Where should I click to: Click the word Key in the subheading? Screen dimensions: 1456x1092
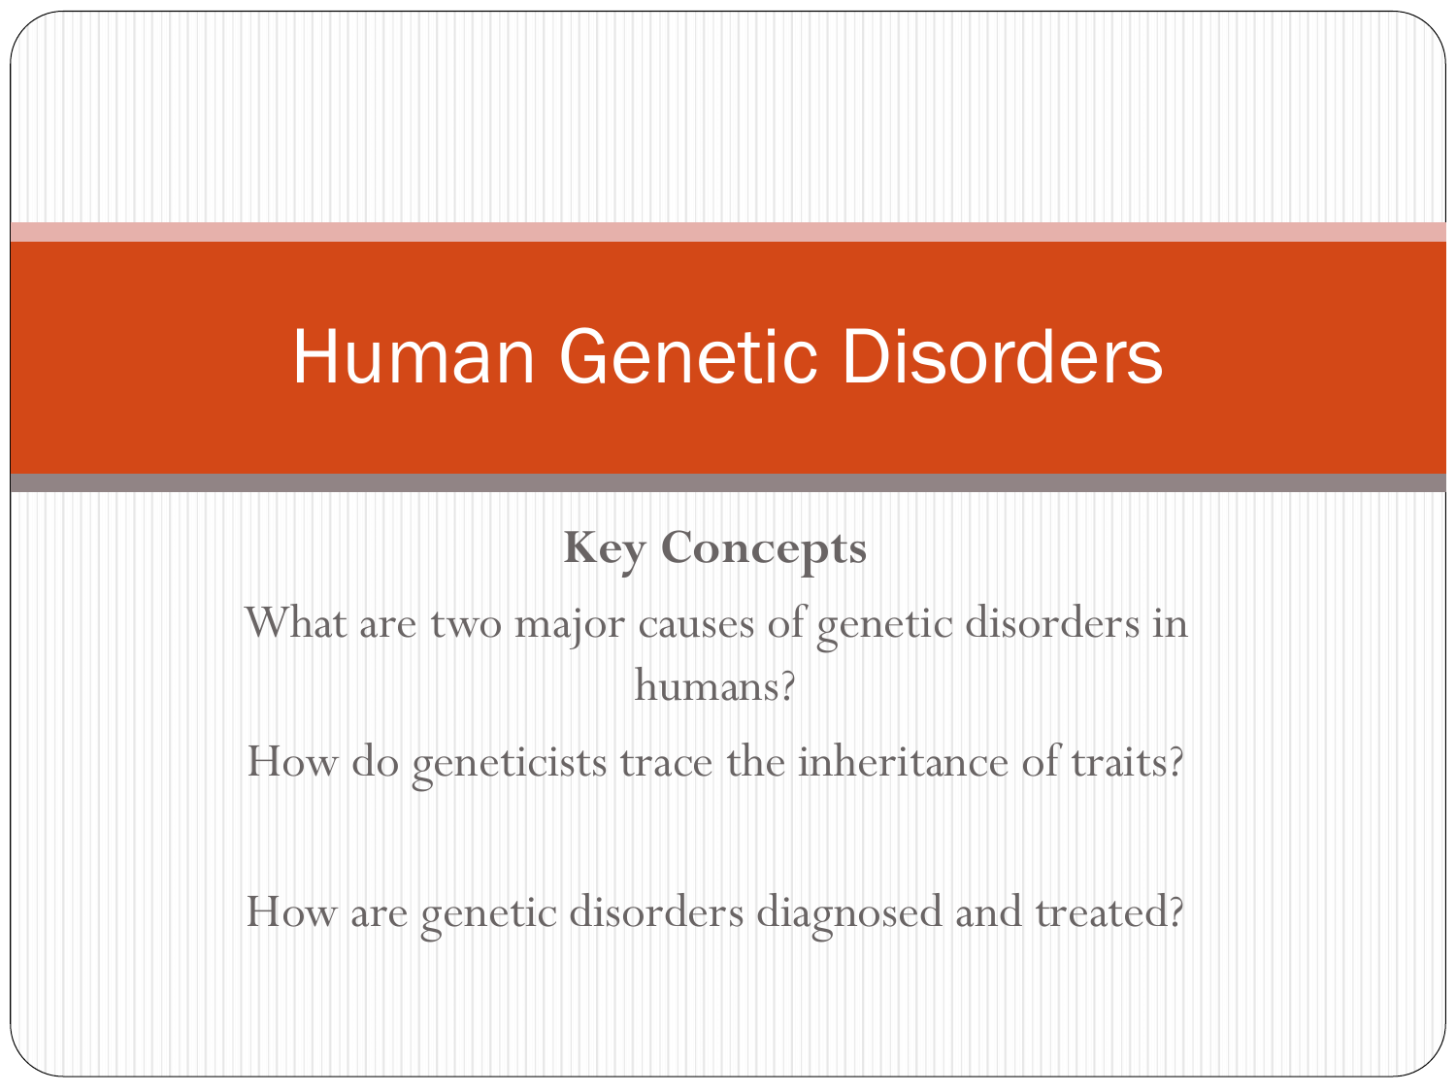click(x=604, y=550)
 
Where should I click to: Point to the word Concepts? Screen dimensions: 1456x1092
click(x=764, y=551)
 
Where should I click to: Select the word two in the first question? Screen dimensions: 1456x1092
click(x=466, y=625)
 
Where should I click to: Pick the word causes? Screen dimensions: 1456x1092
click(x=696, y=626)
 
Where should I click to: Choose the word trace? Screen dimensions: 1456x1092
click(x=666, y=764)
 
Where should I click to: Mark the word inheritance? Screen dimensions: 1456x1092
click(x=902, y=762)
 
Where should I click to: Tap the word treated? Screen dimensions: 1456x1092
click(x=1101, y=911)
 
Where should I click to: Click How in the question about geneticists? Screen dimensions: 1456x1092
click(x=292, y=762)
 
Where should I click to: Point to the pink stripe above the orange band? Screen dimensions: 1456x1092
click(x=728, y=232)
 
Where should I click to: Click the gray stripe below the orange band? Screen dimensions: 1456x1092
click(x=728, y=482)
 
